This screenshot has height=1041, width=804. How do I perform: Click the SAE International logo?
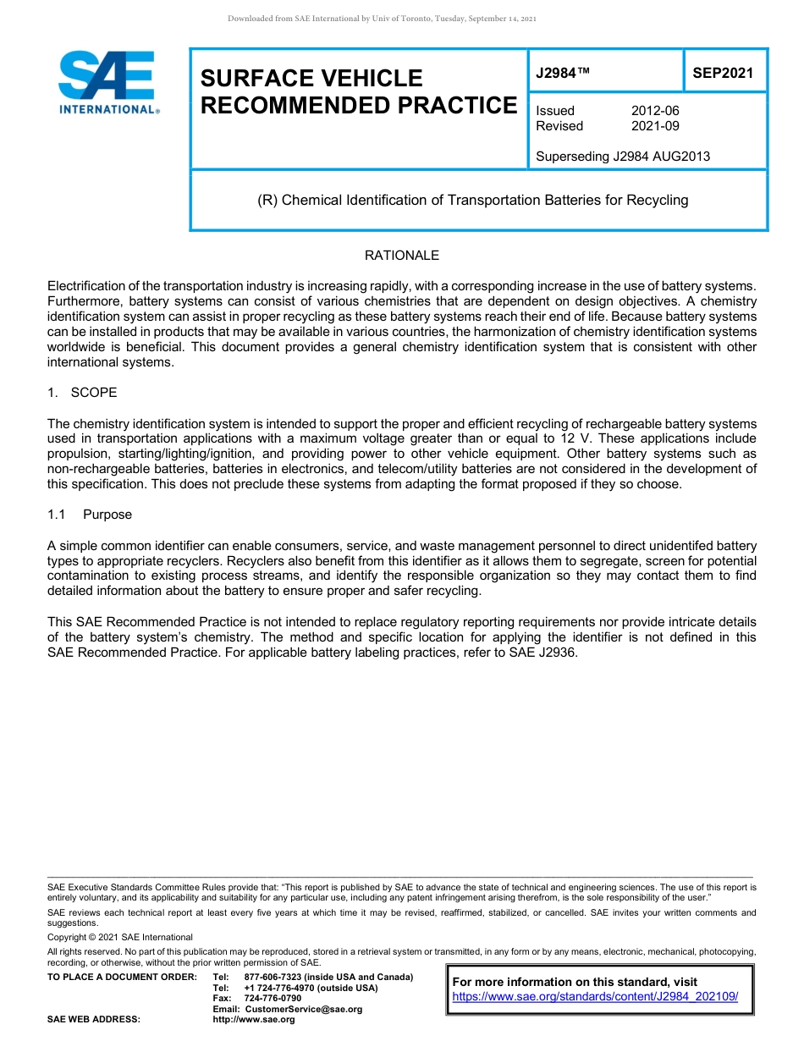click(x=107, y=82)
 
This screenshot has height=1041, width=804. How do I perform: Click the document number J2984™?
click(x=563, y=73)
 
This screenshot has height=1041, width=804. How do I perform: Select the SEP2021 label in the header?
click(x=723, y=73)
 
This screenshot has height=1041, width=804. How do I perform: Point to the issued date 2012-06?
click(x=655, y=111)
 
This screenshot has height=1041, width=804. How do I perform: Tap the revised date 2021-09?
click(x=655, y=126)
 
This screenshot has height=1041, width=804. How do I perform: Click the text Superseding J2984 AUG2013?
click(x=623, y=156)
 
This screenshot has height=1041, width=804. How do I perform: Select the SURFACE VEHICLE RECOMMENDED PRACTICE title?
click(x=358, y=91)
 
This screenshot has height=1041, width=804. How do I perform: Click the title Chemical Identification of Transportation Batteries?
click(x=473, y=201)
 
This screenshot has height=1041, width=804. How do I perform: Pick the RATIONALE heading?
click(x=401, y=256)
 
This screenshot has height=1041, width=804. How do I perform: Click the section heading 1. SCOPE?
click(x=82, y=393)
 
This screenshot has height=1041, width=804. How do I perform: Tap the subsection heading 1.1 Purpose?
click(x=90, y=515)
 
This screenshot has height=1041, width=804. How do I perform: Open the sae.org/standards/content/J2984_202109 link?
click(x=595, y=997)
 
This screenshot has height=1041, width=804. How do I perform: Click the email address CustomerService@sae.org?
click(x=303, y=1009)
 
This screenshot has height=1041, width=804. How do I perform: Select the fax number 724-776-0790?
click(x=272, y=998)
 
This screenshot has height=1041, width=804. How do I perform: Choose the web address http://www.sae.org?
click(x=253, y=1019)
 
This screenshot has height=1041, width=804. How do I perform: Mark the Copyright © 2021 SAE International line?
click(x=120, y=937)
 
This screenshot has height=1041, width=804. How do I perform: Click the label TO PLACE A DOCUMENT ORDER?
click(x=122, y=977)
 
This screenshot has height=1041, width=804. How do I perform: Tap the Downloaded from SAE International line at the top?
click(x=382, y=19)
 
